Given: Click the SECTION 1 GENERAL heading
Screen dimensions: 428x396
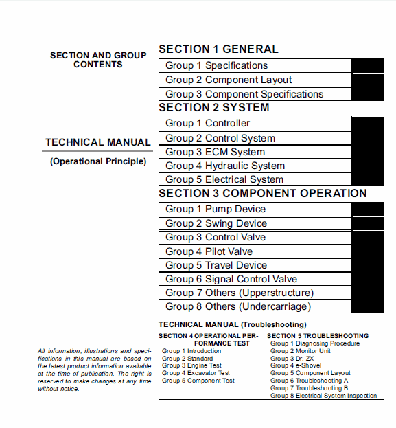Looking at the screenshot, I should coord(218,49).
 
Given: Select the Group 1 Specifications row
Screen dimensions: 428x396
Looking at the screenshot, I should coord(216,66).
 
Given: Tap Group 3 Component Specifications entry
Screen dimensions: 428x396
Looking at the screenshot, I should coord(244,94).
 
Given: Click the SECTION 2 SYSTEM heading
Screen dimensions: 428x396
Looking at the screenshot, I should coord(213,108).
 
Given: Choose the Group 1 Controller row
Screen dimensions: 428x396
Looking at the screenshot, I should coord(207,124).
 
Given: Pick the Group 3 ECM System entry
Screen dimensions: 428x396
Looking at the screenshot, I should coord(215,152).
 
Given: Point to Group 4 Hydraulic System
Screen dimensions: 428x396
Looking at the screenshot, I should coord(224,166).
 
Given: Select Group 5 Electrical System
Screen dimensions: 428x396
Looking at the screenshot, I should coord(224,179).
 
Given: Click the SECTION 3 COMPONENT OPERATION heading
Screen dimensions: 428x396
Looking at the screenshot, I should coord(263,194).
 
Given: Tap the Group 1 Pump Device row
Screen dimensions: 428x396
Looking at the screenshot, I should coord(215,209).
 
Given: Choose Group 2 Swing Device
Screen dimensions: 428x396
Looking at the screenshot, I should coord(216,223).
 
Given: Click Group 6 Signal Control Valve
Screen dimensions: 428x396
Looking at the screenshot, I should coord(231,279).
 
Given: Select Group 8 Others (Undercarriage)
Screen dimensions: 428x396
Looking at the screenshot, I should coord(237,306).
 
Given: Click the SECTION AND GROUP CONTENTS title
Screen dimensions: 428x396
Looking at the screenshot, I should coord(98,60).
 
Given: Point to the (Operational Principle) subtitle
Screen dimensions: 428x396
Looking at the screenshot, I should coord(98,161).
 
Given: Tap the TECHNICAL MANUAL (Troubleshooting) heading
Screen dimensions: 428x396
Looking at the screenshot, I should coord(232,324).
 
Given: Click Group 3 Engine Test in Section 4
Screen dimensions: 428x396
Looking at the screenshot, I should coord(191,365).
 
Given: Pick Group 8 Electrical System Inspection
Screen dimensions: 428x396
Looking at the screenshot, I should coord(323,396).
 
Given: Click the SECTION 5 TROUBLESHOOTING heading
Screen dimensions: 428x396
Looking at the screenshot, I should coord(318,336).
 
